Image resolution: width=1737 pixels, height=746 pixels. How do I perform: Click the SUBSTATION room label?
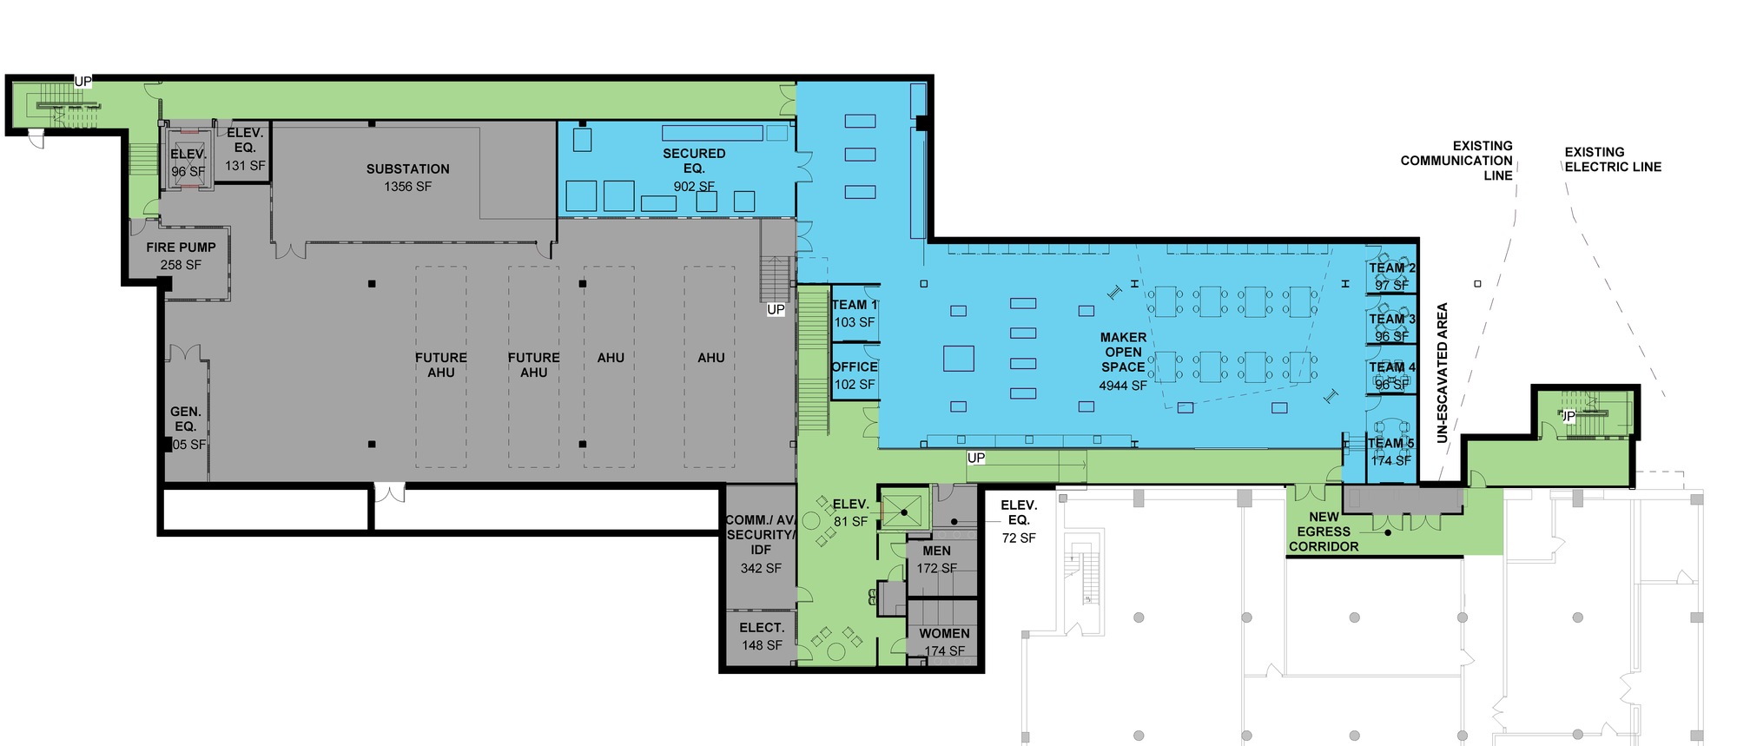tap(407, 169)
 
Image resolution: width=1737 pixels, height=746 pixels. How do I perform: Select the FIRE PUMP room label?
tap(181, 248)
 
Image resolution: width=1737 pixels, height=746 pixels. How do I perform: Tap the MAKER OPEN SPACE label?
tap(1123, 353)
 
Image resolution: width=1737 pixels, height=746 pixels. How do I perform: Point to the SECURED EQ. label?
tap(693, 161)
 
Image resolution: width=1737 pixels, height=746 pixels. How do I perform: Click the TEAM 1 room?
tap(855, 313)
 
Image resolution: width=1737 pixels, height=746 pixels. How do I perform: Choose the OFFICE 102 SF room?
tap(855, 375)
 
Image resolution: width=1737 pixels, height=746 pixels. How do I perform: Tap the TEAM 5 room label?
tap(1390, 444)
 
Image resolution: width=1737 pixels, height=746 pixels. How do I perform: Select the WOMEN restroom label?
tap(944, 634)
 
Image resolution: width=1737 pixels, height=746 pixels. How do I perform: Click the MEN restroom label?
tap(936, 551)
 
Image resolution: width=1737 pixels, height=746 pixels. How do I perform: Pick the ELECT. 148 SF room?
tap(762, 636)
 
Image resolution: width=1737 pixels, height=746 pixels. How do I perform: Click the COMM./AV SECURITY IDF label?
tap(761, 534)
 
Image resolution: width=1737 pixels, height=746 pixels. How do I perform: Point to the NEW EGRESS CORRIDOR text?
tap(1324, 531)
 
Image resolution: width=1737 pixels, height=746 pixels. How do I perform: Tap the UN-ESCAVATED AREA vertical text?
tap(1443, 373)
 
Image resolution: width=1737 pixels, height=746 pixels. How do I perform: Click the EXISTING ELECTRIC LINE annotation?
tap(1612, 159)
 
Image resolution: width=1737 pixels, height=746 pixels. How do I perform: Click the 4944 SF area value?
tap(1123, 386)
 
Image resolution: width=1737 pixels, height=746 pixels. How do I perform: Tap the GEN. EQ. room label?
tap(186, 419)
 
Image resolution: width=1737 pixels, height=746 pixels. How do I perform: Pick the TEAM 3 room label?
tap(1392, 319)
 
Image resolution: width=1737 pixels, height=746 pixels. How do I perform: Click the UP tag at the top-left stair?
tap(83, 82)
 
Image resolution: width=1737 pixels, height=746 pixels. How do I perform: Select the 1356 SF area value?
tap(407, 187)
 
